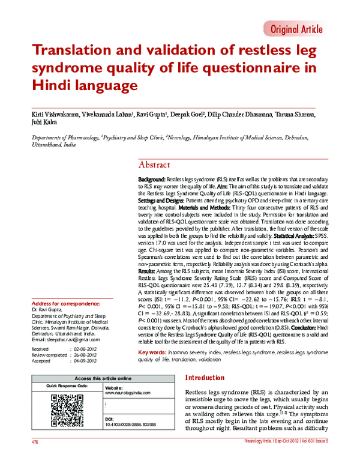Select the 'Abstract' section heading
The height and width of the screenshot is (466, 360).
click(154, 165)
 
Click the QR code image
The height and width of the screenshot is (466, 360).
click(67, 409)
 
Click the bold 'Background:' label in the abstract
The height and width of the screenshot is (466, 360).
click(152, 180)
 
